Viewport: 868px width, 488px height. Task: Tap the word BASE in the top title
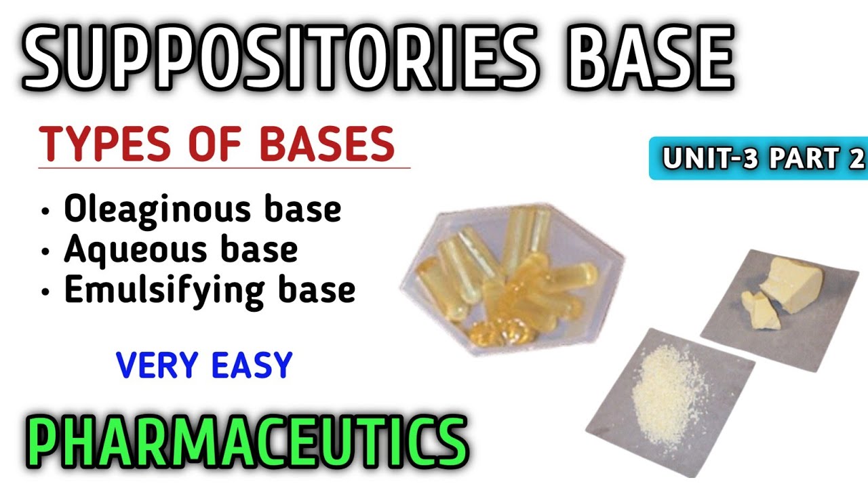(645, 58)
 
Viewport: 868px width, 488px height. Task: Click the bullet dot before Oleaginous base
(45, 211)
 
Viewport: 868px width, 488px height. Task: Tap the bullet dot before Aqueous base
(45, 251)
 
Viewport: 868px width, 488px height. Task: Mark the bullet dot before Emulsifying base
(45, 291)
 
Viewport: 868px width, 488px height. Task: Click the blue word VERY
(159, 366)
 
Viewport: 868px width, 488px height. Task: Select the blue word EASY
(252, 366)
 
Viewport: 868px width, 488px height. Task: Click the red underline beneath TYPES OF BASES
(224, 167)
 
